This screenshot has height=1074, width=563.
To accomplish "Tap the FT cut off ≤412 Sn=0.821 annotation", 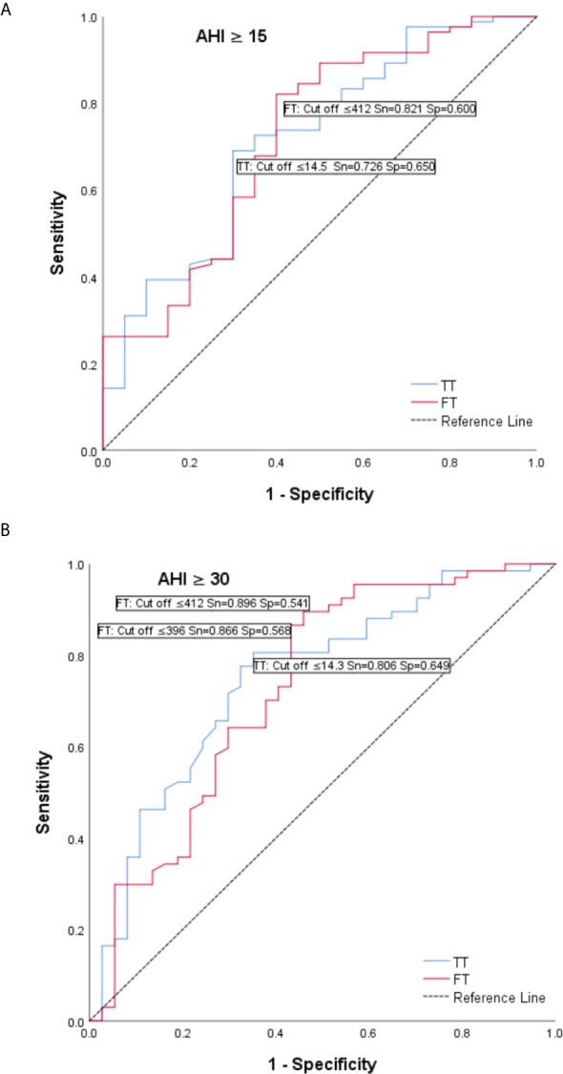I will click(380, 110).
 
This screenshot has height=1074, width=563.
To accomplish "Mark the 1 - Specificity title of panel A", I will click(318, 494).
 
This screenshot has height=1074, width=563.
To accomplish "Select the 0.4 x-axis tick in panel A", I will click(276, 462).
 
